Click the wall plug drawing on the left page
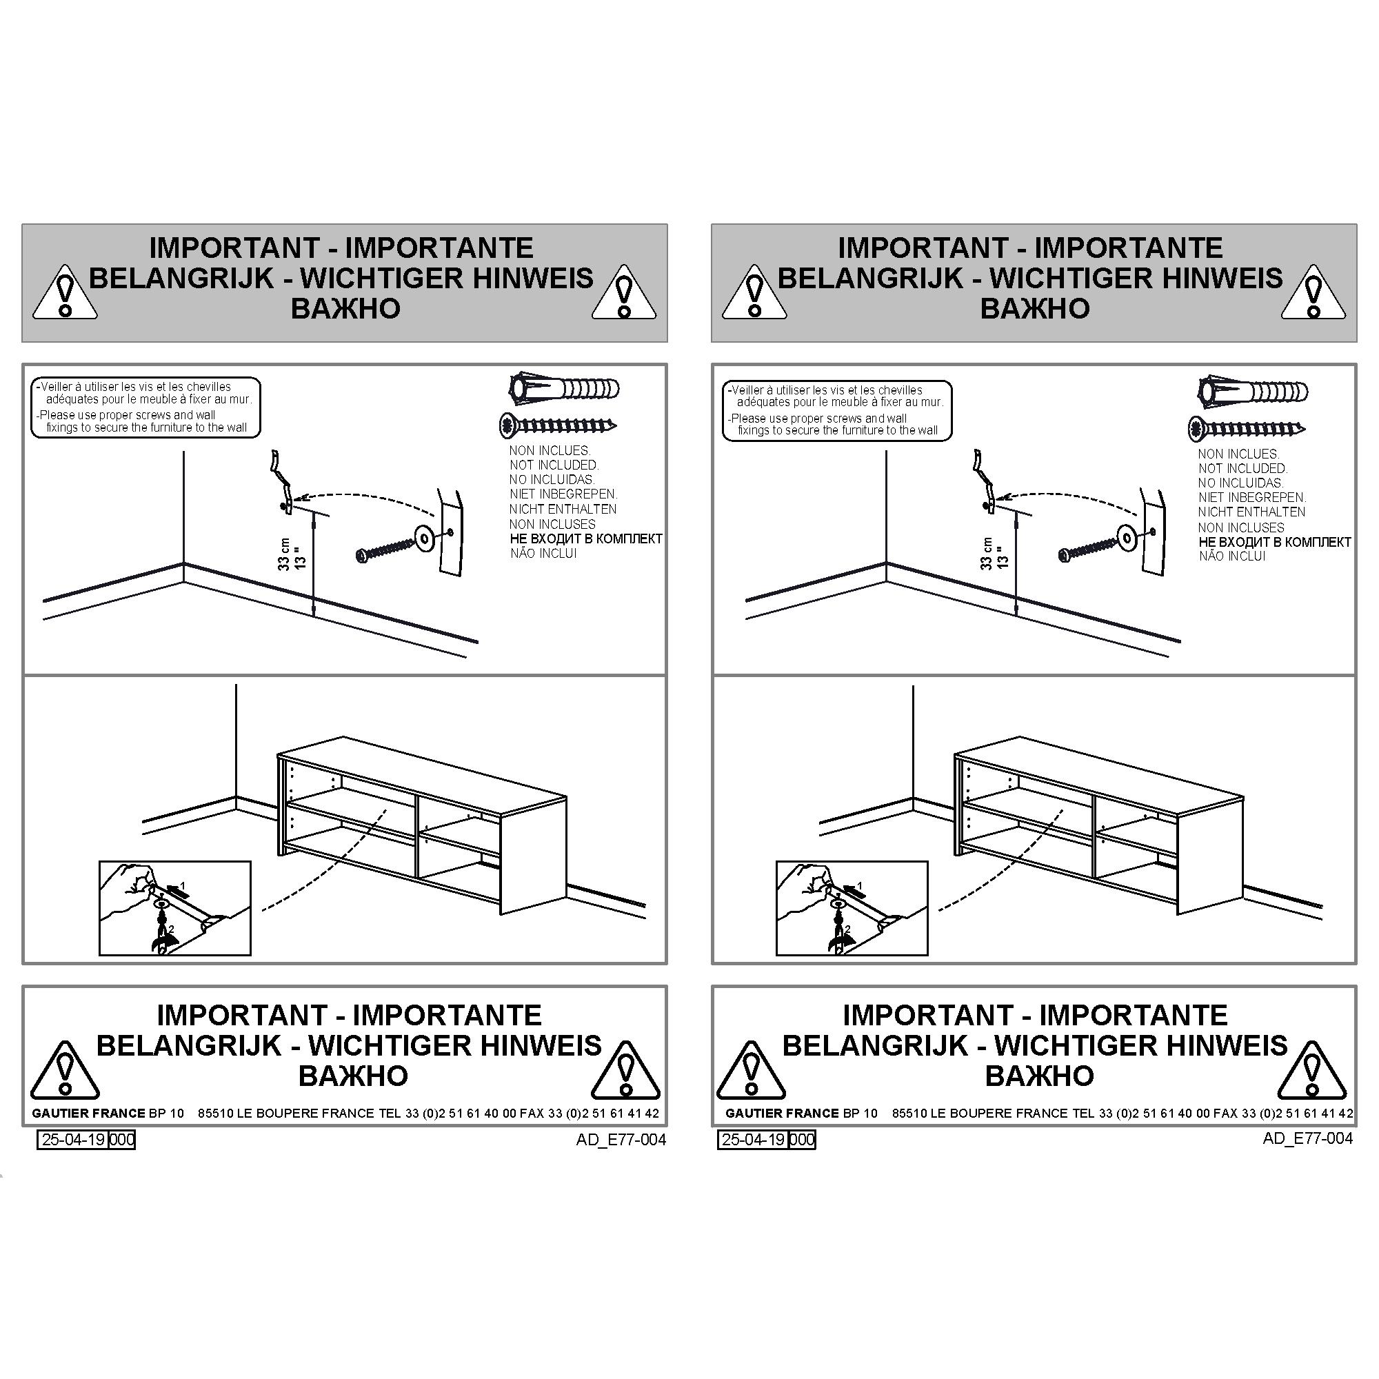click(564, 389)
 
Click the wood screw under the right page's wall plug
click(1247, 429)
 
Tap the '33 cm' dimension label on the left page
click(285, 554)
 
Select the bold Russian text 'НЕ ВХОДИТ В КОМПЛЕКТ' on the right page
click(1275, 542)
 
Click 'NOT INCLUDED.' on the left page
click(553, 465)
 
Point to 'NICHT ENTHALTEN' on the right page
click(1252, 512)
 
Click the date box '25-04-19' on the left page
click(72, 1139)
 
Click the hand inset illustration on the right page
click(852, 908)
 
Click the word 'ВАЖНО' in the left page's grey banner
click(345, 308)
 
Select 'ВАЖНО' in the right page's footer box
click(1039, 1076)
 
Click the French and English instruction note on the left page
click(145, 407)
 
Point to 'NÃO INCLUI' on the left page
click(543, 553)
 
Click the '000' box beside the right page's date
click(803, 1140)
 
